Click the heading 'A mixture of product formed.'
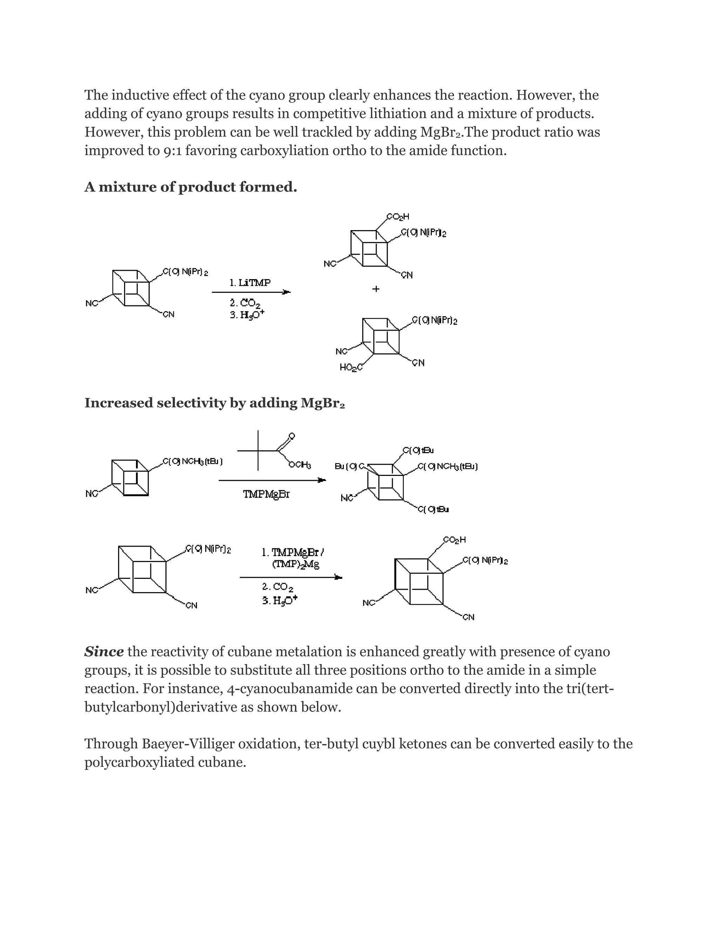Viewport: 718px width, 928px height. point(191,187)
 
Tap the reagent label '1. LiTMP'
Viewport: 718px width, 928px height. point(250,283)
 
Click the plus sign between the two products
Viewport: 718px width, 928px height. point(375,289)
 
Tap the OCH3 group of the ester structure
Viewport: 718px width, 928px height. point(300,465)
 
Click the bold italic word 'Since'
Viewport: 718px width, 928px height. point(104,651)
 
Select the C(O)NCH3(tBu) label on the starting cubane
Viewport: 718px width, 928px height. point(193,462)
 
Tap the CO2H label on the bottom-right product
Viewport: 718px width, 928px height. point(454,540)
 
